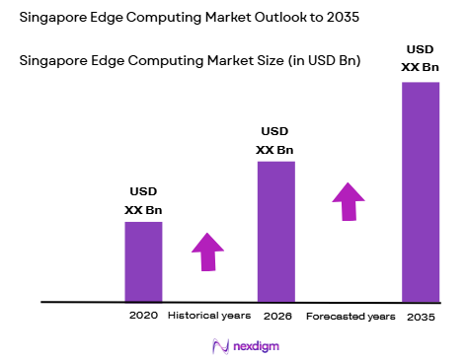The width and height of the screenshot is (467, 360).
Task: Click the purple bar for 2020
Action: [143, 261]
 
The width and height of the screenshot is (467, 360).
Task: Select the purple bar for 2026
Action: [275, 231]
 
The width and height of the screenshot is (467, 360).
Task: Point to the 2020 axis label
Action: [143, 317]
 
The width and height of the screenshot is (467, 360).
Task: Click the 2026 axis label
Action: [276, 317]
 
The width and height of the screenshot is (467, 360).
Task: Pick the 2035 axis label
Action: [421, 317]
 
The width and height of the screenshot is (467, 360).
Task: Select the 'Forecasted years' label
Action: [350, 317]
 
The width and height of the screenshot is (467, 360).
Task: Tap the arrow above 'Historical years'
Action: [207, 252]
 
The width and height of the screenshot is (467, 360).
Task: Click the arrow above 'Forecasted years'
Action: [348, 201]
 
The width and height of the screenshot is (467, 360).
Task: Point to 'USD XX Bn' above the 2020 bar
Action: [143, 200]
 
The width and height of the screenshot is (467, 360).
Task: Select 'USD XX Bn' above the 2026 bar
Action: [275, 140]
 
